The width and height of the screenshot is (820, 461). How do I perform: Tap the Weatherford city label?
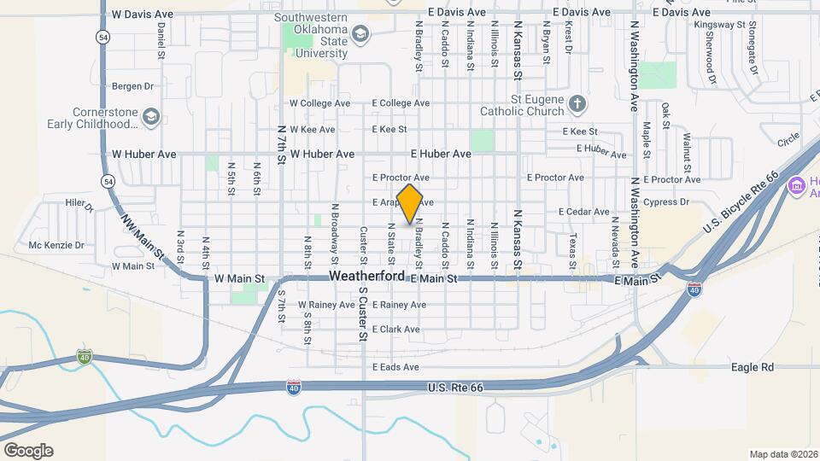click(366, 277)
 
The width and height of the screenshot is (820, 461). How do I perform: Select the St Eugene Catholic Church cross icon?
click(577, 104)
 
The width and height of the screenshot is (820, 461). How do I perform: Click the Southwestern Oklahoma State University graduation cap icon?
click(360, 33)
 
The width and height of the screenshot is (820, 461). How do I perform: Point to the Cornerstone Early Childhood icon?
click(151, 117)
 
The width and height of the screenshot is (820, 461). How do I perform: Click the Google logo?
click(28, 451)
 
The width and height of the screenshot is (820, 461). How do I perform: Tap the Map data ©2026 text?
click(783, 454)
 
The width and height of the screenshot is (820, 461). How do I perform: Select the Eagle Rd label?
click(752, 367)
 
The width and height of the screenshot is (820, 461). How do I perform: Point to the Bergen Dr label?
click(132, 86)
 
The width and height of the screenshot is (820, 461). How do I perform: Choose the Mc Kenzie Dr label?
click(56, 245)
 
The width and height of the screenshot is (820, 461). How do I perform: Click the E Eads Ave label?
click(395, 367)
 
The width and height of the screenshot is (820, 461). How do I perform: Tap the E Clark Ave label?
click(395, 330)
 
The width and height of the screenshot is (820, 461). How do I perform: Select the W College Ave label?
click(320, 103)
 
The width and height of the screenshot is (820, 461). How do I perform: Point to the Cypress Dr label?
click(667, 202)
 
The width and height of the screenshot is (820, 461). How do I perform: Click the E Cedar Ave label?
click(584, 211)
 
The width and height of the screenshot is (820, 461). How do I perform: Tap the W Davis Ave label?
click(142, 15)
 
